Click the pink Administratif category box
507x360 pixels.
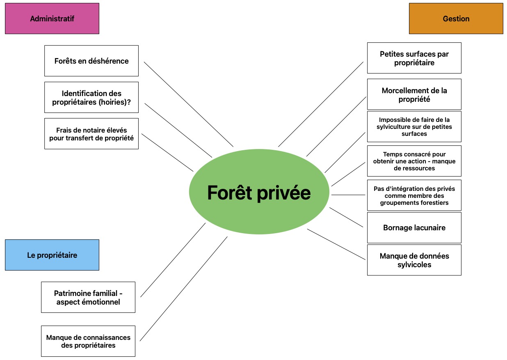coord(52,18)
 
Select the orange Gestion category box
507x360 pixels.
coord(456,18)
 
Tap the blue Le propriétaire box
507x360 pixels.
coord(52,255)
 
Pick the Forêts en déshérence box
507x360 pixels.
coord(91,61)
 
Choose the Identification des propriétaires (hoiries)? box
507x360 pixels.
coord(91,97)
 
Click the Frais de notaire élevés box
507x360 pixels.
coord(91,134)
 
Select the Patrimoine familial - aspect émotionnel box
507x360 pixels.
coord(88,297)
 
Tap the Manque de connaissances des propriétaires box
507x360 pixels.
coord(88,341)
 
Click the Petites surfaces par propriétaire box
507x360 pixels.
coord(414,58)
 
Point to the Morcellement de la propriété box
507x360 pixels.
coord(414,94)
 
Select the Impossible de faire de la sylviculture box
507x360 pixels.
coord(414,126)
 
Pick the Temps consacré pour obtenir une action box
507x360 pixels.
coord(414,161)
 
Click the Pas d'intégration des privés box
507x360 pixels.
coord(414,195)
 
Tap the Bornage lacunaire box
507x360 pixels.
coord(414,227)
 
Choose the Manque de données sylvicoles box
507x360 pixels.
coord(414,260)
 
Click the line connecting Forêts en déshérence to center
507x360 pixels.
coord(189,104)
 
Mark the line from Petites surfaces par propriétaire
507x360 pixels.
coord(321,104)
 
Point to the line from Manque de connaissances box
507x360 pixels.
coord(184,289)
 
